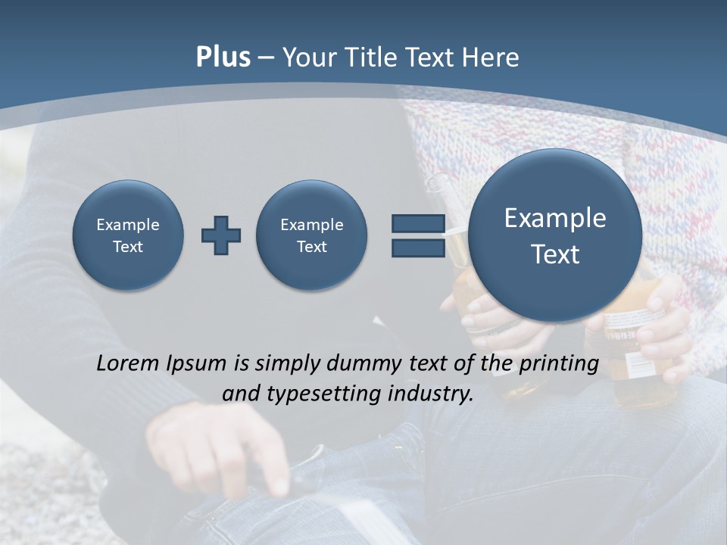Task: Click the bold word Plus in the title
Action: pyautogui.click(x=223, y=58)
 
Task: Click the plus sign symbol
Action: pyautogui.click(x=221, y=235)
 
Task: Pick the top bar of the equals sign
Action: pyautogui.click(x=418, y=224)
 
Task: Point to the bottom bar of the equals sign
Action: pyautogui.click(x=418, y=248)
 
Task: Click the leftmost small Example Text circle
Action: pyautogui.click(x=128, y=235)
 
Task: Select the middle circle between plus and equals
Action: pyautogui.click(x=312, y=235)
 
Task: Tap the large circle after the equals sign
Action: pyautogui.click(x=555, y=235)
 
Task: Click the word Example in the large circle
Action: pyautogui.click(x=555, y=218)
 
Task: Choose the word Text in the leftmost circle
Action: pyautogui.click(x=128, y=247)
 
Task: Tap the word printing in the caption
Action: pyautogui.click(x=559, y=364)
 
